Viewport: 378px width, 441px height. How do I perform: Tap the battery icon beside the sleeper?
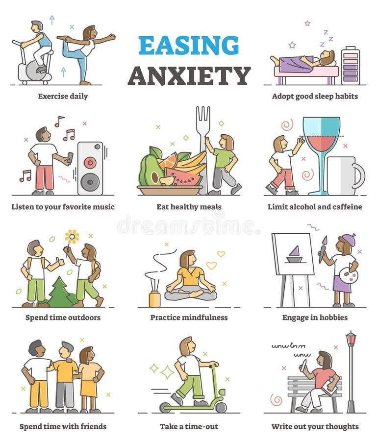[351, 66]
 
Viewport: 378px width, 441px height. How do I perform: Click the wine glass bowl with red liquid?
[321, 137]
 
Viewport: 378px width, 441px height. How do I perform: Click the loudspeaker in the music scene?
[90, 168]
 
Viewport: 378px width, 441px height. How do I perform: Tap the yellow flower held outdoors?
[72, 237]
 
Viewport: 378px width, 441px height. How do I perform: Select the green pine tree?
[60, 292]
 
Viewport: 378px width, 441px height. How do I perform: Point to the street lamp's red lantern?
[351, 339]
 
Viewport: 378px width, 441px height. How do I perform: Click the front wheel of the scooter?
[221, 407]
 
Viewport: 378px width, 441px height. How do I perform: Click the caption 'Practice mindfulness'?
[189, 318]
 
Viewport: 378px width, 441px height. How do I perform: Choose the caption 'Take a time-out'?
[189, 427]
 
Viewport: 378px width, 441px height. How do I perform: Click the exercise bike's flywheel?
[36, 69]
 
